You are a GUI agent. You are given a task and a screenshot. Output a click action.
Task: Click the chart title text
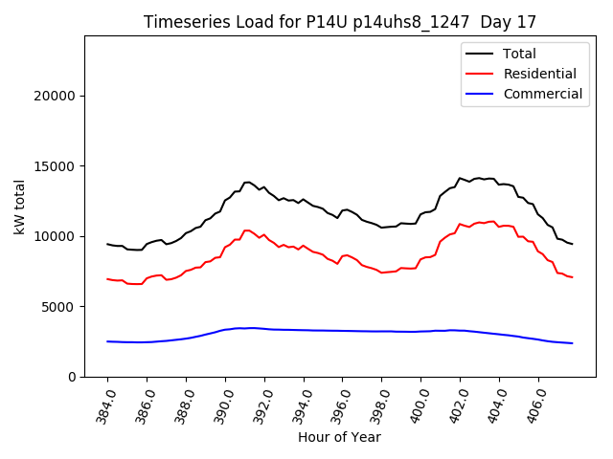[340, 22]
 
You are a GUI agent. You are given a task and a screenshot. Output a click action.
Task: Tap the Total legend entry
[519, 54]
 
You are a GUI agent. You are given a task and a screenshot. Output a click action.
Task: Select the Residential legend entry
[539, 74]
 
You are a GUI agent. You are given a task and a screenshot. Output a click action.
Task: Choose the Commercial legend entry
[542, 94]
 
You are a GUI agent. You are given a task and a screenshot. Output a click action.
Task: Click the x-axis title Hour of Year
[339, 437]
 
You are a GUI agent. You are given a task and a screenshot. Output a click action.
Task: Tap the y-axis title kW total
[19, 207]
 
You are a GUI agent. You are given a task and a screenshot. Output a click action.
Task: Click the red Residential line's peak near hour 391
[247, 229]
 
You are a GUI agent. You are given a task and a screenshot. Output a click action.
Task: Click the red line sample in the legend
[480, 74]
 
